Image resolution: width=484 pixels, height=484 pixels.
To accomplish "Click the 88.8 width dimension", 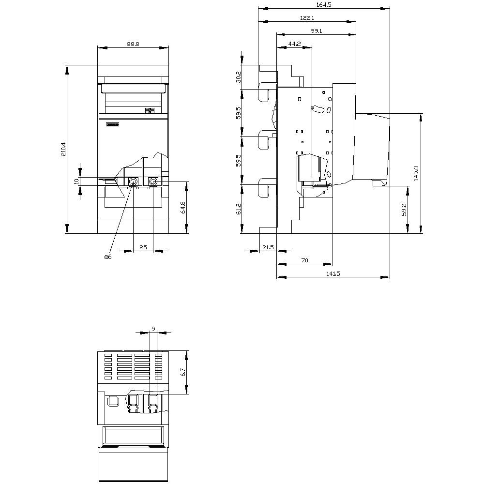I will [x=133, y=44].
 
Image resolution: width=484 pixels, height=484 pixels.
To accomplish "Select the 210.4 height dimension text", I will [x=63, y=149].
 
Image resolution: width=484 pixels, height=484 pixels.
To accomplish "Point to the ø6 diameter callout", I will [x=107, y=257].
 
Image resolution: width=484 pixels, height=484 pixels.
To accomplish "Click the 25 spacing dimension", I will [x=143, y=247].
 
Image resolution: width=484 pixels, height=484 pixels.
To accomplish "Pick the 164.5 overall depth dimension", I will [x=323, y=4].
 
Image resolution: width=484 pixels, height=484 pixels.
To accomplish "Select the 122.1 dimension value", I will [x=307, y=18].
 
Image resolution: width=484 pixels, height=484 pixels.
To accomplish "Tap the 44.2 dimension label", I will [x=294, y=44].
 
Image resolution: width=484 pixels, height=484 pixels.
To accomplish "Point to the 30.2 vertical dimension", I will [x=238, y=77].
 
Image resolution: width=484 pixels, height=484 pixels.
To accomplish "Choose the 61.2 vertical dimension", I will [x=238, y=209].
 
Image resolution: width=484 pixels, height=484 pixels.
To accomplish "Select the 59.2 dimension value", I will [x=404, y=209].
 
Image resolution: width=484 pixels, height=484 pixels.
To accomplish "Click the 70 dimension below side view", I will [x=304, y=260].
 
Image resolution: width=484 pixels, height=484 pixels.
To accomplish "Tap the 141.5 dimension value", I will [x=333, y=273].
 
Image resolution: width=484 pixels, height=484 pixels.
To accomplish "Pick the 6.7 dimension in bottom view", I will [x=183, y=372].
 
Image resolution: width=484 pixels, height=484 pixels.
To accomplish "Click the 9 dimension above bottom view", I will [x=153, y=329].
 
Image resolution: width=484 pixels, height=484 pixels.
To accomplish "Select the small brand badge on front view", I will [x=112, y=125].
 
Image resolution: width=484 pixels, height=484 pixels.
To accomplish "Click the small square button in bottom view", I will [x=113, y=400].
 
